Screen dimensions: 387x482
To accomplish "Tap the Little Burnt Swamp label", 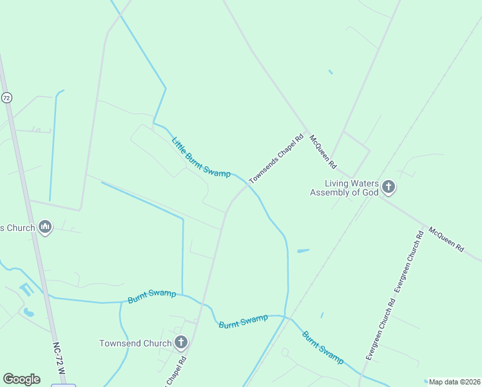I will click(x=201, y=157).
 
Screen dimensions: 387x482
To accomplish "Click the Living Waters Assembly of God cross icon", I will click(x=389, y=188).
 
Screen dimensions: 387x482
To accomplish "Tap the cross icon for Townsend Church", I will click(x=181, y=343).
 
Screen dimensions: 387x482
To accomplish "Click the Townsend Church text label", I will click(x=135, y=343).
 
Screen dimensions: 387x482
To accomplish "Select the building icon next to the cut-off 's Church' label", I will click(x=45, y=227).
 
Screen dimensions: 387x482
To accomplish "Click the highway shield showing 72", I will click(x=6, y=98).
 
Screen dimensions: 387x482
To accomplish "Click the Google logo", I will click(x=21, y=379).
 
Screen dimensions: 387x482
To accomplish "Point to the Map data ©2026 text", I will click(x=454, y=382).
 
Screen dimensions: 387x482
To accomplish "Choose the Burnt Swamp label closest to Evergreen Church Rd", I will click(x=322, y=347).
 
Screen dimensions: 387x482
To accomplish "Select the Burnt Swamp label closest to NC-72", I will click(x=152, y=296).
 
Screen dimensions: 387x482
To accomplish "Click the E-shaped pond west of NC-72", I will click(x=25, y=290).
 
